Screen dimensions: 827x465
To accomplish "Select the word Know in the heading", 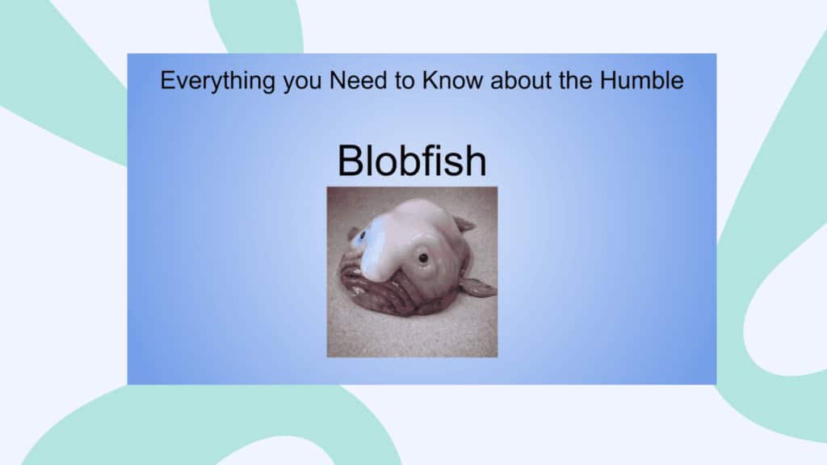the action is (452, 80).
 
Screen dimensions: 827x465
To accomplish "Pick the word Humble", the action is (641, 80).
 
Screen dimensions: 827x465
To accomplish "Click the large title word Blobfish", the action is (412, 161).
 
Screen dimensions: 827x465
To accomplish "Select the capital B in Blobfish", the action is (351, 161).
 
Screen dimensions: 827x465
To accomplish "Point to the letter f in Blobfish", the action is (430, 160).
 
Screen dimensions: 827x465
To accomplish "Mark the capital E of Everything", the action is (167, 80).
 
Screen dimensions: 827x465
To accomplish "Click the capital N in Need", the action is (338, 80).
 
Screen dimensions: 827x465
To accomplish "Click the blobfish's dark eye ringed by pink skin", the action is (423, 258).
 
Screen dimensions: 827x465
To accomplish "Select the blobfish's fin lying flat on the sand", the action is (478, 287).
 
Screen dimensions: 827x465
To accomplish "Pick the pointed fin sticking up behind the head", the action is (464, 224).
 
